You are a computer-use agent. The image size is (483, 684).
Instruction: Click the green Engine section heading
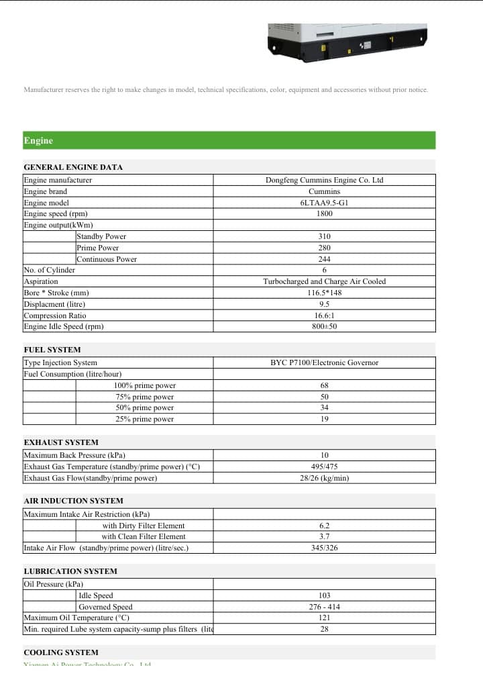(38, 140)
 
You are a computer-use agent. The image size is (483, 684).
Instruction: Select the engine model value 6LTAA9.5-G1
(324, 203)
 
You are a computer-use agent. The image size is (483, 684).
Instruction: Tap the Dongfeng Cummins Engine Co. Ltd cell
(324, 180)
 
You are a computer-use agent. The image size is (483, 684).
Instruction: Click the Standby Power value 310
(324, 236)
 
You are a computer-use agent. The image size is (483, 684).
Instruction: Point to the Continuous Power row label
(107, 259)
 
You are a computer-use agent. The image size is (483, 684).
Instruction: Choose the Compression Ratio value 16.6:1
(324, 315)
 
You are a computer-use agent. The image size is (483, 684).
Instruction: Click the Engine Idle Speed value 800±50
(324, 326)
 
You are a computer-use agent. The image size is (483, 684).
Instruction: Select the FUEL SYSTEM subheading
(52, 350)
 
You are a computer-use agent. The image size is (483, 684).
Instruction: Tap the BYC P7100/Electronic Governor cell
(324, 362)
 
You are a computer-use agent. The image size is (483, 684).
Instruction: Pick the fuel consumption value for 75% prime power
(324, 397)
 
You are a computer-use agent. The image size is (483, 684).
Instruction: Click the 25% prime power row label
(144, 419)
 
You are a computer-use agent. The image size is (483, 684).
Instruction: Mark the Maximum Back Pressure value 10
(324, 455)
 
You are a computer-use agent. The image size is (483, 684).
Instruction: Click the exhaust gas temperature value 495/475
(324, 467)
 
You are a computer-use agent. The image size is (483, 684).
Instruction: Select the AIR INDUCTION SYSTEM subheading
(73, 501)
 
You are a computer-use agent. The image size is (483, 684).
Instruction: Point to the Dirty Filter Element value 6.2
(324, 526)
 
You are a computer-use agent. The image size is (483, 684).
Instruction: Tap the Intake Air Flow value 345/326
(324, 548)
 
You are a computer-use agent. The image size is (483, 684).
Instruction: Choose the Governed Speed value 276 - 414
(324, 607)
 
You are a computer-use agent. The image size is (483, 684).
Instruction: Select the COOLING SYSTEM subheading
(60, 652)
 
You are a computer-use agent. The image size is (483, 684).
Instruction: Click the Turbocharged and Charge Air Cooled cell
(324, 281)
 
